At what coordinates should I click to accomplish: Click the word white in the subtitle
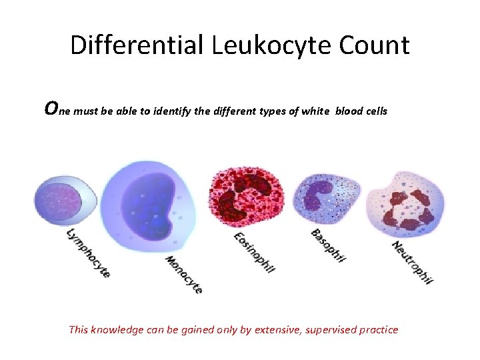(x=313, y=111)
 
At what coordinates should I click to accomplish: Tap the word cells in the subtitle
(x=373, y=111)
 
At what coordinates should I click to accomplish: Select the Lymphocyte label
(x=88, y=253)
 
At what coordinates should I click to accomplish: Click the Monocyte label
(x=183, y=275)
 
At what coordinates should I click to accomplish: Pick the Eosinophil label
(x=254, y=252)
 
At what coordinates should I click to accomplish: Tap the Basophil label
(x=328, y=245)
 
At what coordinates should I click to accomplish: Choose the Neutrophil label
(x=413, y=262)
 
